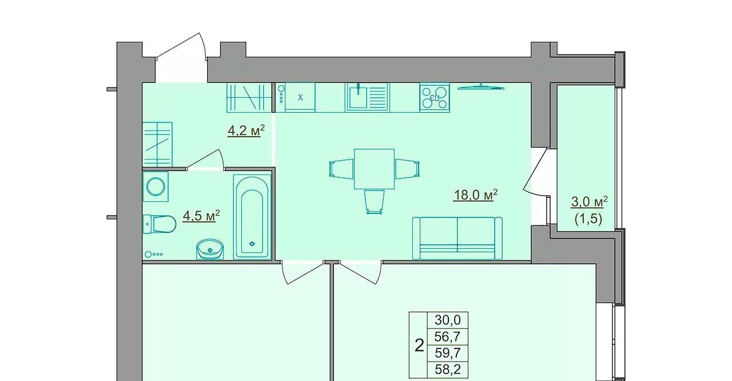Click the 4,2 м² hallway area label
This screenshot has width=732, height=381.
click(x=246, y=130)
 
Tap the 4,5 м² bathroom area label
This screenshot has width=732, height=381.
click(x=201, y=216)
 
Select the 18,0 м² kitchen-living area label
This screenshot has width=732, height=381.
click(x=475, y=195)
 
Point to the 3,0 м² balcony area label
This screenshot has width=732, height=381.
click(x=589, y=201)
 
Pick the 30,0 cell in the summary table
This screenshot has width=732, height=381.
click(x=448, y=320)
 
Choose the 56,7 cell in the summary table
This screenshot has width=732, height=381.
click(x=448, y=336)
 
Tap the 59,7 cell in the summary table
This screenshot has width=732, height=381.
click(x=448, y=352)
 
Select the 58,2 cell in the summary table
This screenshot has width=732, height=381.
click(x=448, y=370)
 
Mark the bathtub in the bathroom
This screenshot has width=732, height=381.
click(x=252, y=216)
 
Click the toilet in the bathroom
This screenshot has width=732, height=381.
click(x=160, y=224)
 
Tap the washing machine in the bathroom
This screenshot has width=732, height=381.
click(x=156, y=186)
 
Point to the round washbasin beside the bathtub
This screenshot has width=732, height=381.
click(x=210, y=249)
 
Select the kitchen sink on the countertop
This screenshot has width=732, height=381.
click(x=367, y=97)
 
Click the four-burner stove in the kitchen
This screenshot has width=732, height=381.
click(x=435, y=97)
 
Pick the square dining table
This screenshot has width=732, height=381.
click(x=374, y=169)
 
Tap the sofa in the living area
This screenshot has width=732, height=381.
click(x=457, y=238)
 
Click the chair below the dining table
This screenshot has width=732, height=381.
click(x=374, y=202)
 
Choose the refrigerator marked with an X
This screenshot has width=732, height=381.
click(x=296, y=97)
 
